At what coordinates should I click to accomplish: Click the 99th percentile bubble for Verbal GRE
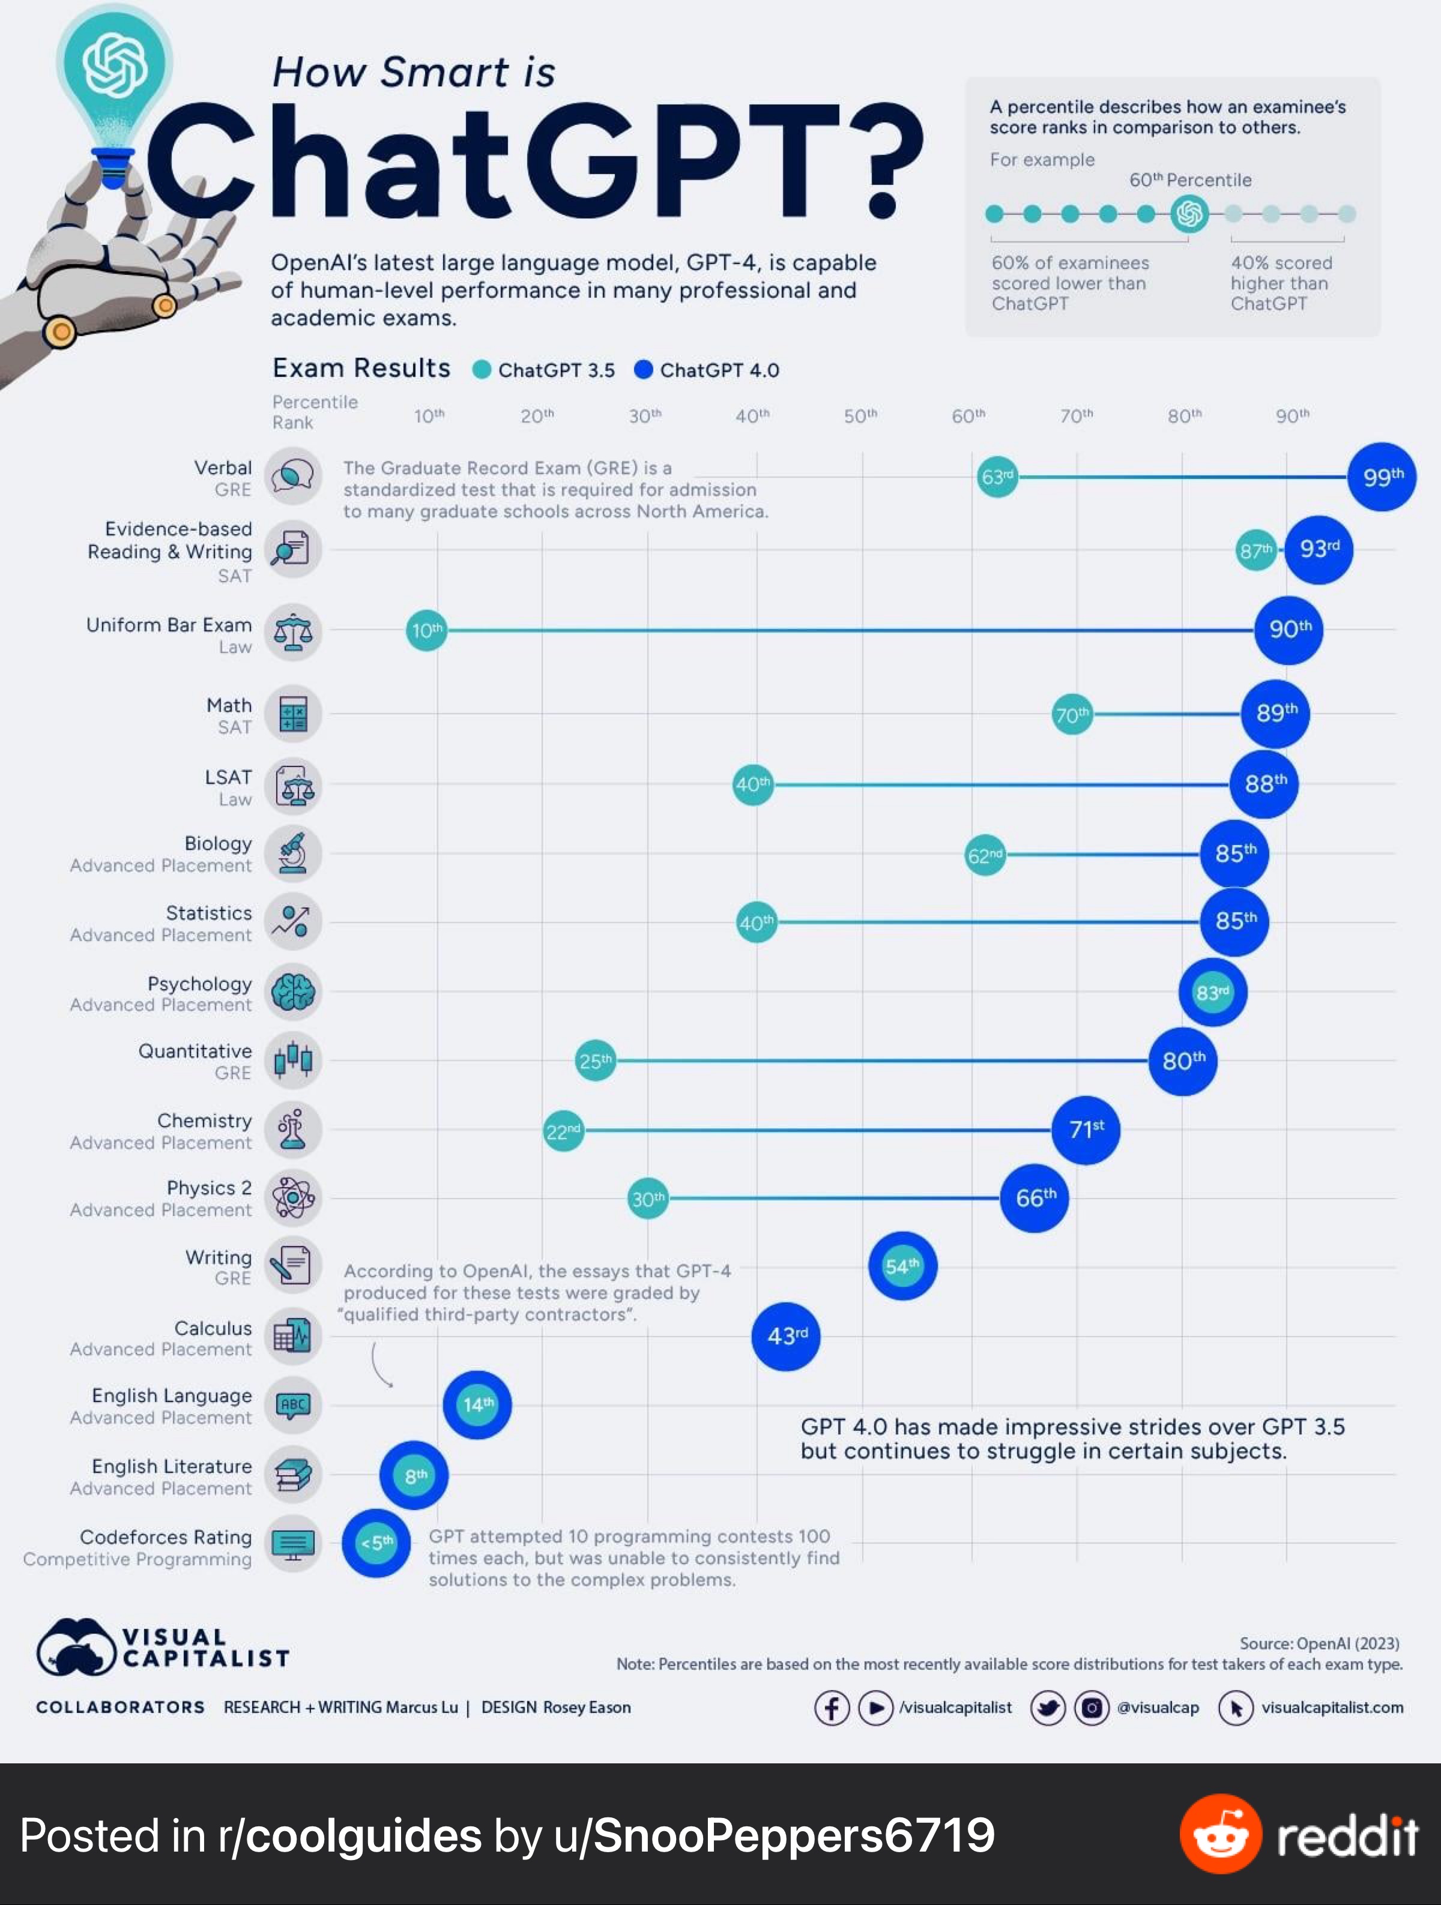pos(1382,477)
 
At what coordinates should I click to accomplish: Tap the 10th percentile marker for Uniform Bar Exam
pos(426,630)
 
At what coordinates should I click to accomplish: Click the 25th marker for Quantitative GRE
pos(595,1061)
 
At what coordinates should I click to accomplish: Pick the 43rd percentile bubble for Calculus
pos(785,1336)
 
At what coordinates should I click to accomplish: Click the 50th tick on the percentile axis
pos(860,416)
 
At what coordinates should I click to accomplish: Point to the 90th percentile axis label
pos(1292,416)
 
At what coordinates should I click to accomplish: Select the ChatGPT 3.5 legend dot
pos(482,370)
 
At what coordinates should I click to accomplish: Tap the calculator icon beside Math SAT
pos(293,714)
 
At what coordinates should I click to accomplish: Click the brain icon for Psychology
pos(293,992)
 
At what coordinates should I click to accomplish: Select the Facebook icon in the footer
pos(831,1707)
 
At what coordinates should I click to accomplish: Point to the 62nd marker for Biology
pos(985,855)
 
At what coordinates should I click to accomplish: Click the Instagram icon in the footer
pos(1092,1707)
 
